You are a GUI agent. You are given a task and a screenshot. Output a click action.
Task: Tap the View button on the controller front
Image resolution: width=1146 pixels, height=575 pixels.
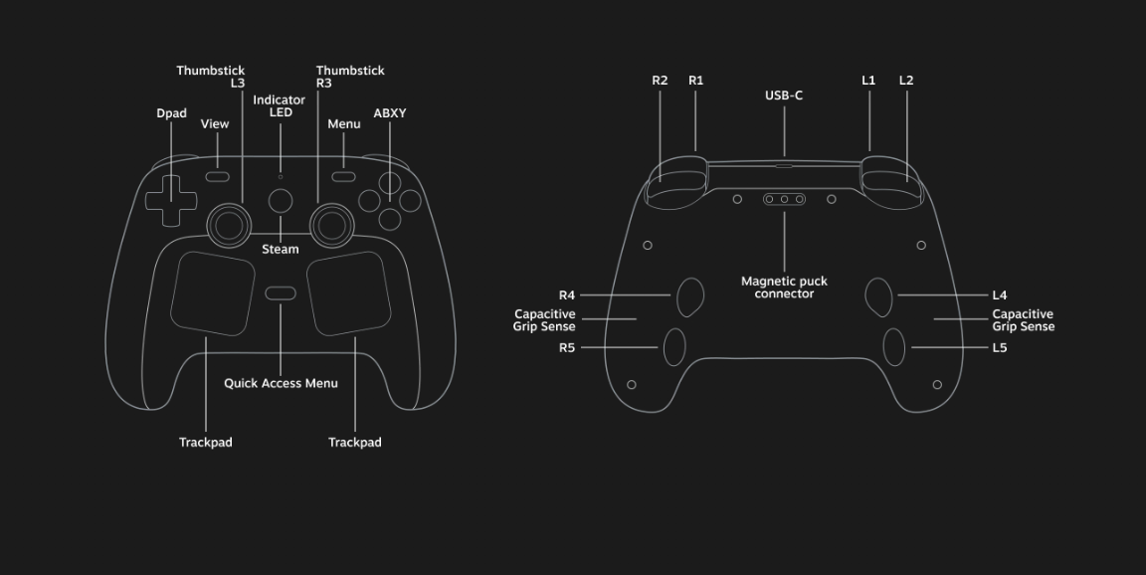(218, 177)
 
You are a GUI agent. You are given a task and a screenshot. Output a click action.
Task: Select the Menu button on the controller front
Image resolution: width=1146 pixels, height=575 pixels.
(343, 177)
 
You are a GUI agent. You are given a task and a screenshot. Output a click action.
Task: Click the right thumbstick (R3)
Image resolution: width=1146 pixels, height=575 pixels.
(330, 225)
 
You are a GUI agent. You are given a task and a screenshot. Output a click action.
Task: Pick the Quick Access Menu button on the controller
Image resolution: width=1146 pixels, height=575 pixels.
(281, 293)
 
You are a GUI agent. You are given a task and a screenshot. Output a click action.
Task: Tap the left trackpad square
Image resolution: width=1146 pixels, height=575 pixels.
(212, 292)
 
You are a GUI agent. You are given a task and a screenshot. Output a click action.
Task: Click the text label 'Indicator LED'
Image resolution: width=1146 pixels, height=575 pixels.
(280, 106)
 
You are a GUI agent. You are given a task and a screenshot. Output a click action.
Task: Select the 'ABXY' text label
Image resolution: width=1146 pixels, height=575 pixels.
(390, 113)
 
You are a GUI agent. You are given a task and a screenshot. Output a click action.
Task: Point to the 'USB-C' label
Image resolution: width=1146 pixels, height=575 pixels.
(784, 96)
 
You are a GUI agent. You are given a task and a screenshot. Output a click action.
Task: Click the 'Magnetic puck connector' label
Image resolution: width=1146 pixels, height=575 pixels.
(784, 287)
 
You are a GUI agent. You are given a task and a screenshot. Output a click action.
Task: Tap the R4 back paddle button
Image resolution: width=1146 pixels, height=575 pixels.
(690, 295)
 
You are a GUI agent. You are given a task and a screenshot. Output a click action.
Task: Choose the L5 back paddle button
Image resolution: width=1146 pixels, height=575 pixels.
(894, 347)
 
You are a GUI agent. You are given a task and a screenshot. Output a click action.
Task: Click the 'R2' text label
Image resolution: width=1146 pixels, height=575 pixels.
(660, 81)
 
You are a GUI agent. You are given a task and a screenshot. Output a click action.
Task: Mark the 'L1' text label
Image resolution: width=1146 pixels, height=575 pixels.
(868, 81)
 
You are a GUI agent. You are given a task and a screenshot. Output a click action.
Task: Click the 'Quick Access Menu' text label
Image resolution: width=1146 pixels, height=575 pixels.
(281, 383)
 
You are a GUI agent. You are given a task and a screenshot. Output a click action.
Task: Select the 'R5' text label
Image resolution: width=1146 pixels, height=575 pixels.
(567, 348)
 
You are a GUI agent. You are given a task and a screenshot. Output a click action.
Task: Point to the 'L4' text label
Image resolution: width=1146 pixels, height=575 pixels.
(1000, 295)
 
